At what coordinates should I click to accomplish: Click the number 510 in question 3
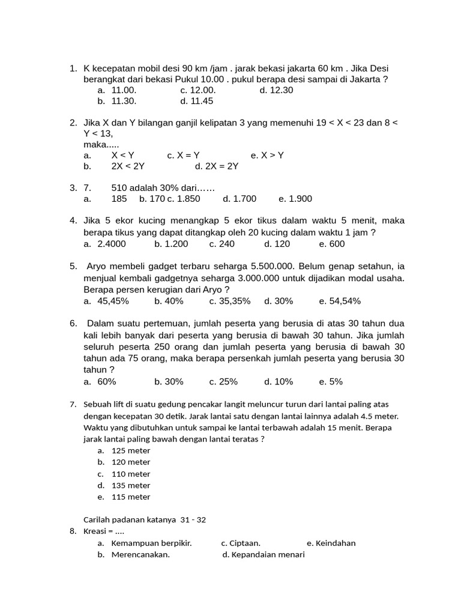point(119,187)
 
